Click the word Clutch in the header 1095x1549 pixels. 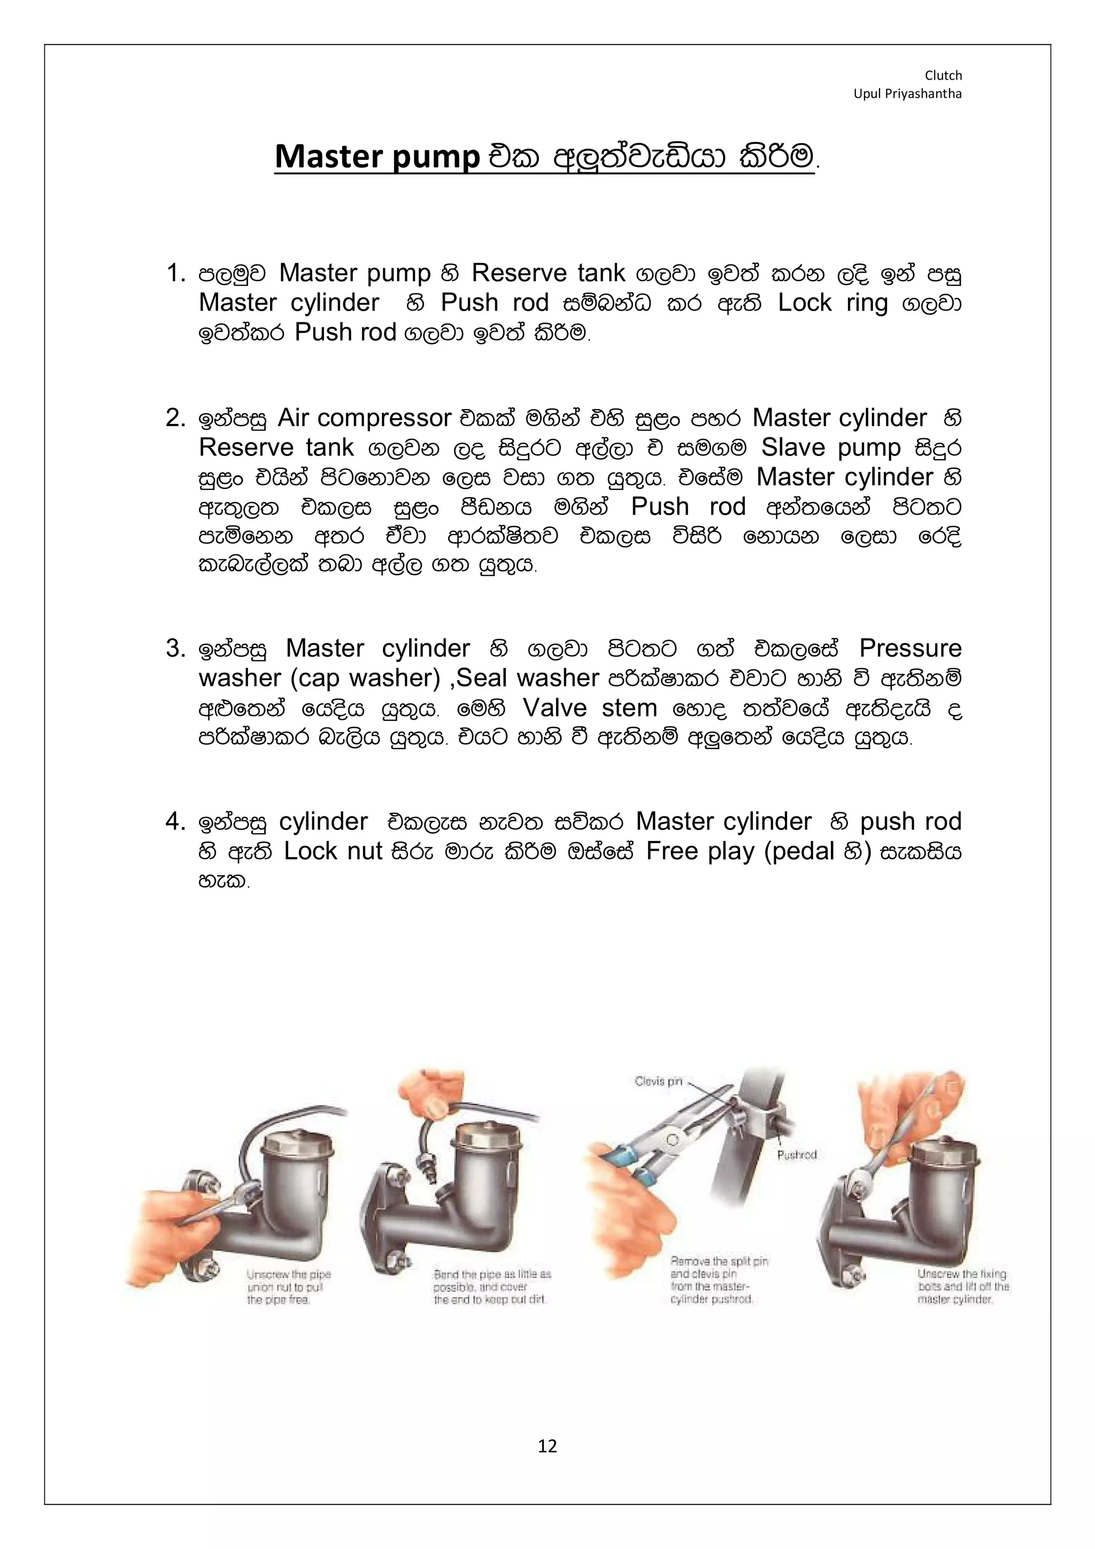click(x=943, y=75)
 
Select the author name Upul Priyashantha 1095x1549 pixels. click(x=907, y=94)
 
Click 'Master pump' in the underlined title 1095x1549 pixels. click(x=377, y=157)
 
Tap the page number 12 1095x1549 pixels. click(x=547, y=1446)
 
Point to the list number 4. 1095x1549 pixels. click(x=175, y=822)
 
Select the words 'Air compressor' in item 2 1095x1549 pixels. click(x=364, y=418)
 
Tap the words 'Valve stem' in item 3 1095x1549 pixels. click(x=590, y=708)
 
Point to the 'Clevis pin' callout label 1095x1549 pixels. click(x=659, y=1082)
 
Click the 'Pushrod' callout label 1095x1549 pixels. click(x=797, y=1155)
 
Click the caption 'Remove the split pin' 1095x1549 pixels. click(x=719, y=1281)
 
